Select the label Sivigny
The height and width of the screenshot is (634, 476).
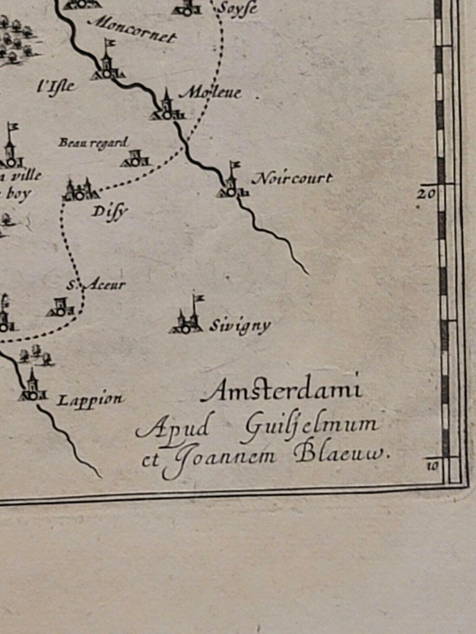[240, 326]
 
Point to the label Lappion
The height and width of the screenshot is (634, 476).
[90, 400]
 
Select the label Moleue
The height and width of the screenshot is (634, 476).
[210, 93]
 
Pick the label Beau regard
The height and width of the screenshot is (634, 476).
[93, 143]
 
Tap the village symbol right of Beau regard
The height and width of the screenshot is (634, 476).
[135, 160]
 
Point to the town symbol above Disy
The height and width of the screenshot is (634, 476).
[81, 191]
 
